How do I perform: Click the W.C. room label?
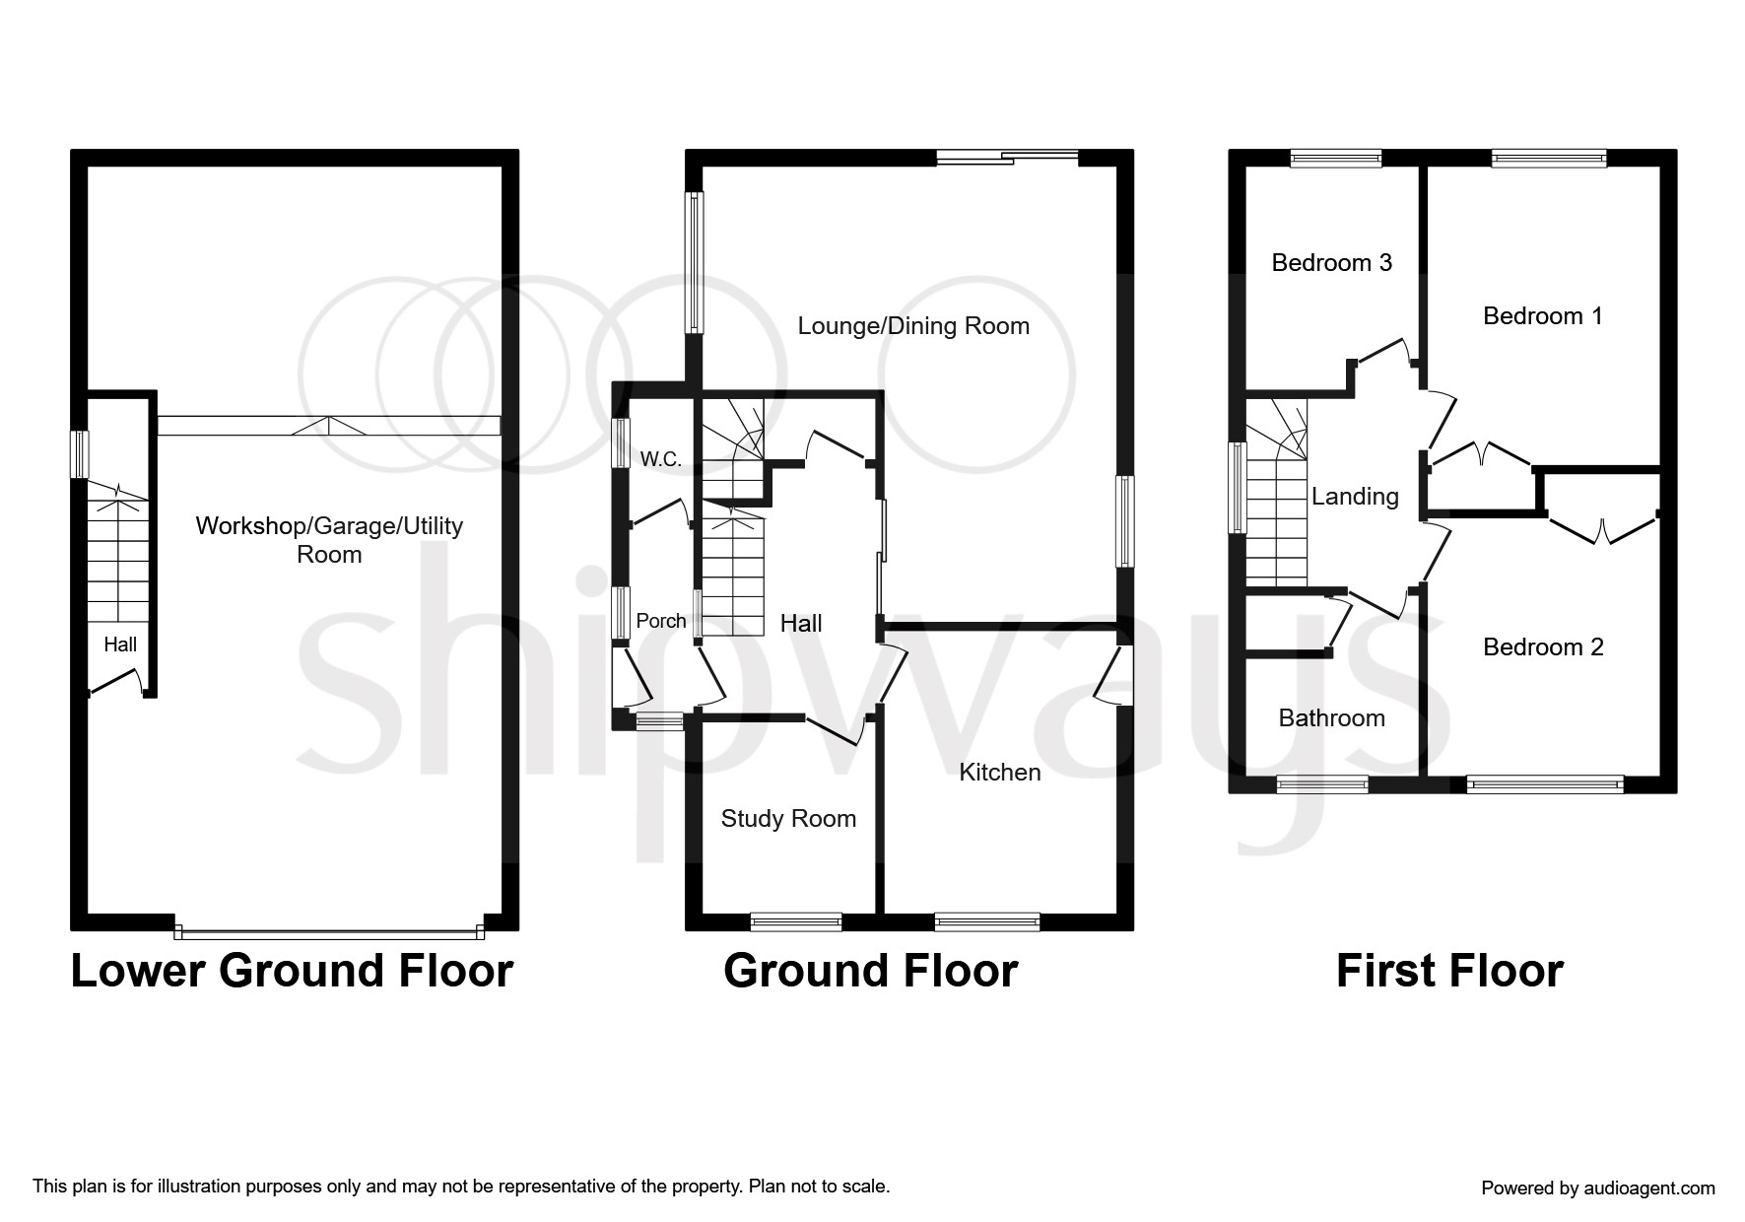coord(660,459)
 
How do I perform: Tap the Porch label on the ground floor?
coord(660,621)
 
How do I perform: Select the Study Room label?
coord(788,819)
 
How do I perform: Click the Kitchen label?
coord(1000,773)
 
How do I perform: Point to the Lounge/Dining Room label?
coord(913,326)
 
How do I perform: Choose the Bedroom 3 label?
coord(1331,263)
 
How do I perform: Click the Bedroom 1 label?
coord(1542,316)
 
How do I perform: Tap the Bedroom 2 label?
coord(1543,647)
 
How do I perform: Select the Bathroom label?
coord(1331,718)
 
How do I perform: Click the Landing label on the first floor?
coord(1355,497)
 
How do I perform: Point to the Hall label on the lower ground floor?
coord(120,645)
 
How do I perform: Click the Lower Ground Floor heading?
coord(292,971)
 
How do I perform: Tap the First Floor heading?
coord(1449,971)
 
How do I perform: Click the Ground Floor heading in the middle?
coord(870,971)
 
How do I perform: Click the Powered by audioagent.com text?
coord(1597,1188)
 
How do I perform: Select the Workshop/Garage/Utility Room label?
coord(329,539)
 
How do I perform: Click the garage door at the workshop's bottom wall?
coord(329,929)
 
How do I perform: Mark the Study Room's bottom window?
coord(796,922)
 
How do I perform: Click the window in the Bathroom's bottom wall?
coord(1322,784)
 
